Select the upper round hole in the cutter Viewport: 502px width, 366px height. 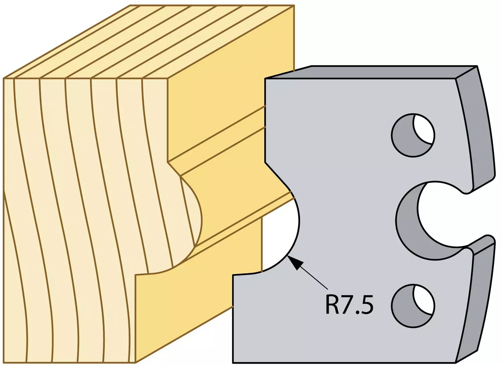(413, 135)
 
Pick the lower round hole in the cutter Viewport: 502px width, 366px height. (413, 306)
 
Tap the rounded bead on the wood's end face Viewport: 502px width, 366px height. (190, 215)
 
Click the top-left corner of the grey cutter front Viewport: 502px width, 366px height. (265, 79)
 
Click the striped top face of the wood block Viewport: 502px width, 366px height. (148, 41)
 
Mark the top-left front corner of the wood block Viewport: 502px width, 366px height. (3, 78)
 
